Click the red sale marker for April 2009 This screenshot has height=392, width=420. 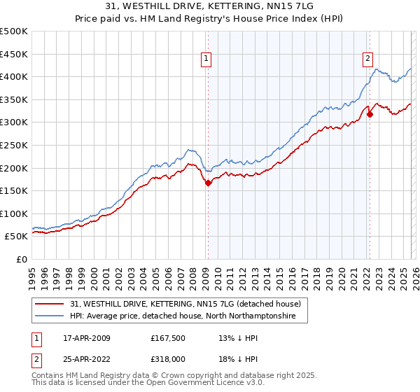click(x=208, y=183)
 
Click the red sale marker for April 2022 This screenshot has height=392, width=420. click(x=369, y=114)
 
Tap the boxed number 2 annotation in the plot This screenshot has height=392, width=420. click(x=368, y=60)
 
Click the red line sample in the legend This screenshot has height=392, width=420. click(x=50, y=304)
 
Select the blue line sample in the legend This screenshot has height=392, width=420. click(x=50, y=316)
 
